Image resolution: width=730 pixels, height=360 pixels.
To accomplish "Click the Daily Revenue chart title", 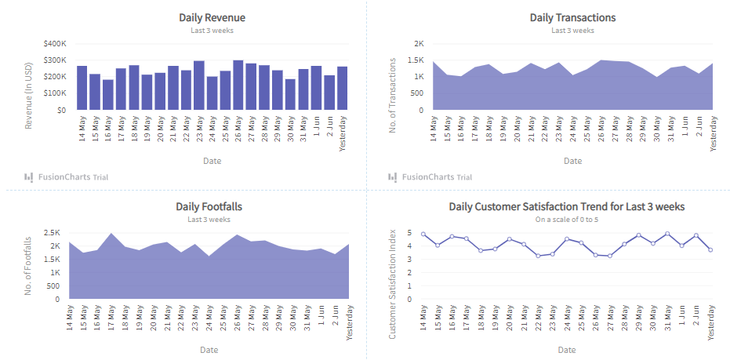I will point(212,17).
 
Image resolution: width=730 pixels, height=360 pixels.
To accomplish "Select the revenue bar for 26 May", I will point(238,85).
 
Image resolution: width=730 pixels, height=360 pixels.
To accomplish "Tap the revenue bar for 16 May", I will point(108,94).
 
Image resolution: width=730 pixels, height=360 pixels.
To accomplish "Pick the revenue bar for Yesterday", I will point(342,88).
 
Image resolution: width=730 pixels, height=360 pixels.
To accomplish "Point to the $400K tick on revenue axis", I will point(55,44).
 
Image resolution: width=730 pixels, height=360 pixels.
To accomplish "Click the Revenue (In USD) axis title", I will point(29,77).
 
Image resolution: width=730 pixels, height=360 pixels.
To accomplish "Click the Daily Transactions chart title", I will point(572,17).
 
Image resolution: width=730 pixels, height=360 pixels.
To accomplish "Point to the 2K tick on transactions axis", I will point(419,44).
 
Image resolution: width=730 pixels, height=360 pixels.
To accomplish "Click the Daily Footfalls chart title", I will point(209,206).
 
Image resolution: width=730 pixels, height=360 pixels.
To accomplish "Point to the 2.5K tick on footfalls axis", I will point(52,233).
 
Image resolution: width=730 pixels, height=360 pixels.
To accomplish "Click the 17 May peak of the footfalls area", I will point(111,234).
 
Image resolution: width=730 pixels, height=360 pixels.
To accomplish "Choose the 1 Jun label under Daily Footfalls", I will point(321,320).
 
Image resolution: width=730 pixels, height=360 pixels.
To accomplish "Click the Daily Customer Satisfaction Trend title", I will point(567,206).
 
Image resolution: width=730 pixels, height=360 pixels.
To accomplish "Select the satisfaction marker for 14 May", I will point(423,234).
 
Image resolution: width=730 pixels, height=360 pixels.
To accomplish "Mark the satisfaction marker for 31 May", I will point(667,234).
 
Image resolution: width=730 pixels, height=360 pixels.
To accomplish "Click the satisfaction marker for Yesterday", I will point(710,250).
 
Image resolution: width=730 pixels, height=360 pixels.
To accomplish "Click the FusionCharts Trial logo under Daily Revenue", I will point(66,176).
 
